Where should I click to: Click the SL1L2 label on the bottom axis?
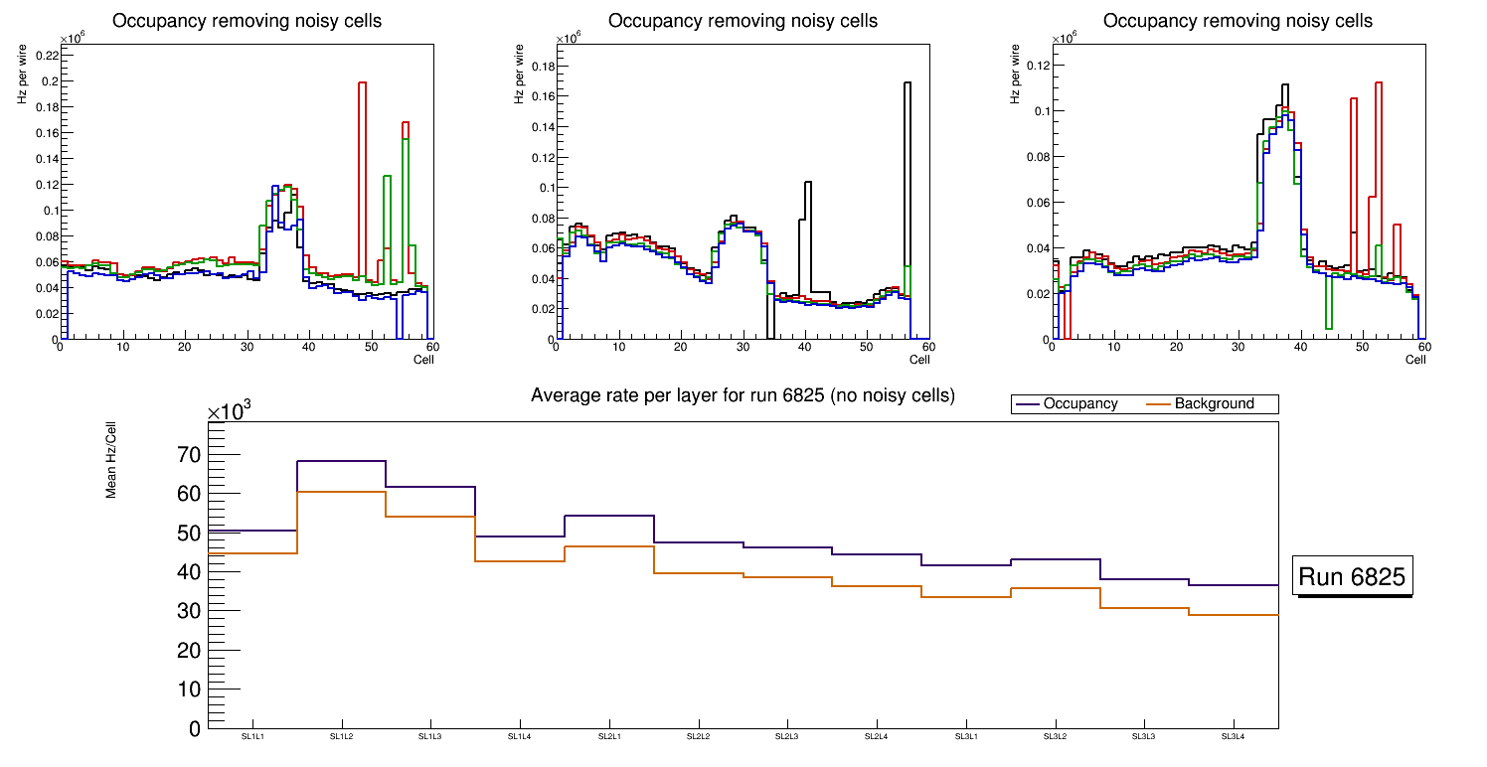pyautogui.click(x=341, y=736)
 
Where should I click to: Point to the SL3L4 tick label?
pyautogui.click(x=1233, y=736)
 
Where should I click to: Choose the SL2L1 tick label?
pyautogui.click(x=608, y=736)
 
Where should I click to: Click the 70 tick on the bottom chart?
pyautogui.click(x=188, y=455)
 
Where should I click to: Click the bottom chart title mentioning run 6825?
pyautogui.click(x=743, y=395)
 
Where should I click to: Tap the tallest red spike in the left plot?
pyautogui.click(x=362, y=83)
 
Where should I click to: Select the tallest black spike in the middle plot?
pyautogui.click(x=908, y=83)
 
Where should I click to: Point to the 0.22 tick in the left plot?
pyautogui.click(x=46, y=56)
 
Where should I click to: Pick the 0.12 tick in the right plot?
pyautogui.click(x=1037, y=66)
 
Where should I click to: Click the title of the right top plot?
pyautogui.click(x=1238, y=20)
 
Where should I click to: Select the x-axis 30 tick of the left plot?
pyautogui.click(x=247, y=347)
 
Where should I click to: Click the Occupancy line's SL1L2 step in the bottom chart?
pyautogui.click(x=341, y=461)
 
